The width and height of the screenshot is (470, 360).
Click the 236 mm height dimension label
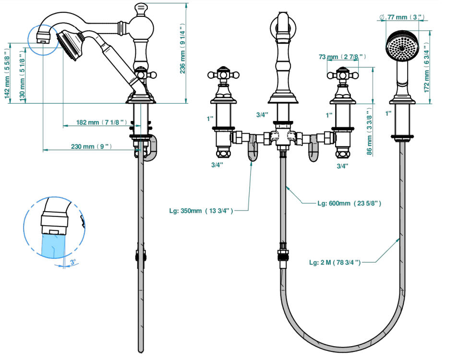coord(182,48)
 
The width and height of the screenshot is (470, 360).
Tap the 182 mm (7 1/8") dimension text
coord(102,122)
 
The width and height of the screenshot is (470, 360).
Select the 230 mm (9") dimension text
coord(91,146)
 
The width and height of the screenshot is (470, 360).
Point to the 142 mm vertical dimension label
coord(7,73)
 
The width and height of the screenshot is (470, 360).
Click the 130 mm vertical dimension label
coord(22,76)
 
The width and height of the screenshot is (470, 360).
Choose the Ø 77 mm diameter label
coord(402,17)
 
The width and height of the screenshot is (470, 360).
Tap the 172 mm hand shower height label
coord(426,67)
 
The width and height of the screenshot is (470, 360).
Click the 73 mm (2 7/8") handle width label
coord(342,57)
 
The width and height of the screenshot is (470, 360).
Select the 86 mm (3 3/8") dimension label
coord(369,132)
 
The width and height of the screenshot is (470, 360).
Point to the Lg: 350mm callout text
coord(201,211)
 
